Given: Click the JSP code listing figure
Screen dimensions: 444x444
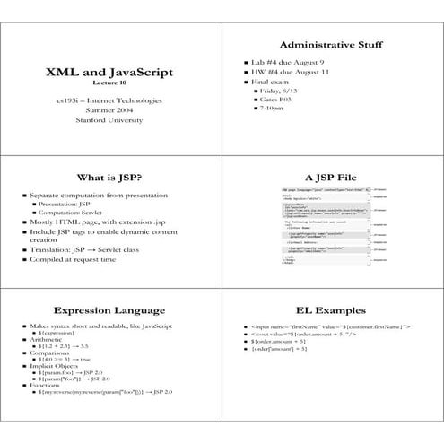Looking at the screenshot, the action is pos(325,228).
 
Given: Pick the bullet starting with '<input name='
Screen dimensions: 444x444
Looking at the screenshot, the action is pos(330,328).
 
